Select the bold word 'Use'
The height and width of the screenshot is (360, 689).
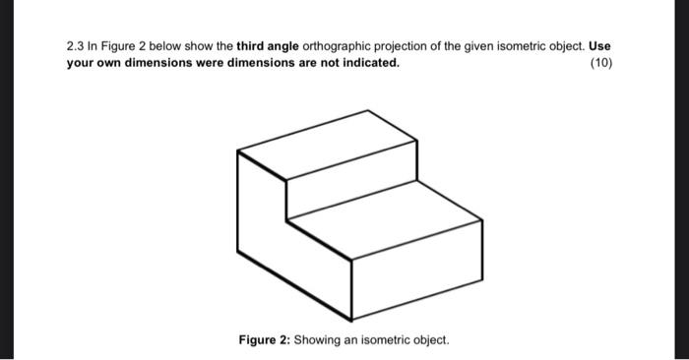(600, 46)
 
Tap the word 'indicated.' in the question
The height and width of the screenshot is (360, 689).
(368, 62)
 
